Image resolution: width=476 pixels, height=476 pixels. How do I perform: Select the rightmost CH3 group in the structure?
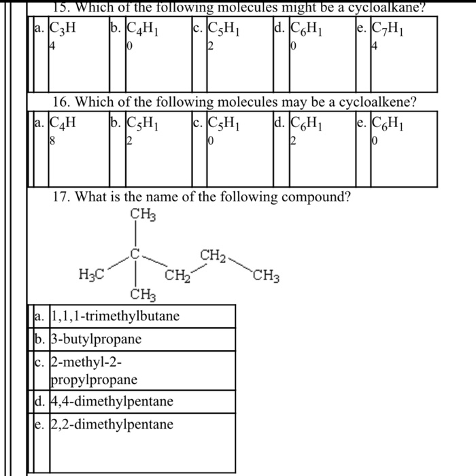(266, 276)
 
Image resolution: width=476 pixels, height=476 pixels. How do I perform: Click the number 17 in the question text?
(61, 197)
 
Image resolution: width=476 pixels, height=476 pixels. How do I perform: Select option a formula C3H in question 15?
(62, 31)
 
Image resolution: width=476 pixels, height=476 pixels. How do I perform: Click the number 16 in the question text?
(61, 103)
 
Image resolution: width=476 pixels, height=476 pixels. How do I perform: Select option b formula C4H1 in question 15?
(143, 31)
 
